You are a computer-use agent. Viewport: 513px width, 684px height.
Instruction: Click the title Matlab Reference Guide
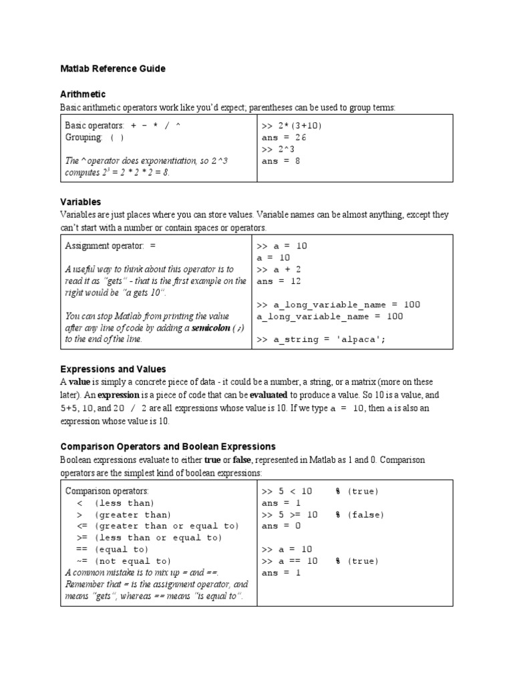click(112, 69)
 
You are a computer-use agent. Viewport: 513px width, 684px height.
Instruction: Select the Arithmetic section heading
click(83, 94)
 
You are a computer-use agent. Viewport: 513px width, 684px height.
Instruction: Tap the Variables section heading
click(81, 201)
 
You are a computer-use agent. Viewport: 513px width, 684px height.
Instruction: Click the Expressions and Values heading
click(113, 369)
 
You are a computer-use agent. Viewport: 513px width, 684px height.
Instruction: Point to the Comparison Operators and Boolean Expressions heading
click(168, 446)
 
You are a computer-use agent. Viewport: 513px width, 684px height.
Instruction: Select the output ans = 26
click(283, 138)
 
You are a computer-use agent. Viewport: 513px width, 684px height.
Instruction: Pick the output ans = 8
click(281, 161)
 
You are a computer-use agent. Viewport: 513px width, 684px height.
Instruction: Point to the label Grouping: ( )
click(94, 138)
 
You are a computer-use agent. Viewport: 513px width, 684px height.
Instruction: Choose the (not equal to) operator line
click(124, 561)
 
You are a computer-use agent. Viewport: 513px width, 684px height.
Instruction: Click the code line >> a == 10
click(289, 561)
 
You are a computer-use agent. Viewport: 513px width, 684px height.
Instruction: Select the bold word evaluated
click(273, 395)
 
